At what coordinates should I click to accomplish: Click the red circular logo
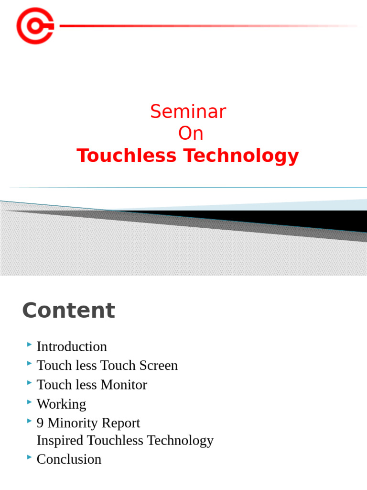[35, 26]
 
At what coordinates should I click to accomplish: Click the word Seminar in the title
[188, 112]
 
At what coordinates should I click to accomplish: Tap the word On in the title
[191, 134]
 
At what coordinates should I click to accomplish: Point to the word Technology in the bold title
[242, 156]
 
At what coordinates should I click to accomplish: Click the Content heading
[68, 311]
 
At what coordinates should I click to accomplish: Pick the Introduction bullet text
[72, 346]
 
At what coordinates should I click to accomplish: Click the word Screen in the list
[158, 366]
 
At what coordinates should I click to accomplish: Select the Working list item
[61, 404]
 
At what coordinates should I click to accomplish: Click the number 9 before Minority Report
[40, 423]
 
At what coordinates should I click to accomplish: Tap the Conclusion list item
[69, 459]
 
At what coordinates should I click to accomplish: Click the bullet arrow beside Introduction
[30, 345]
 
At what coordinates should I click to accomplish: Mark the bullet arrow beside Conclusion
[30, 457]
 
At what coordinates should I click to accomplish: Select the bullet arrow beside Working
[30, 402]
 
